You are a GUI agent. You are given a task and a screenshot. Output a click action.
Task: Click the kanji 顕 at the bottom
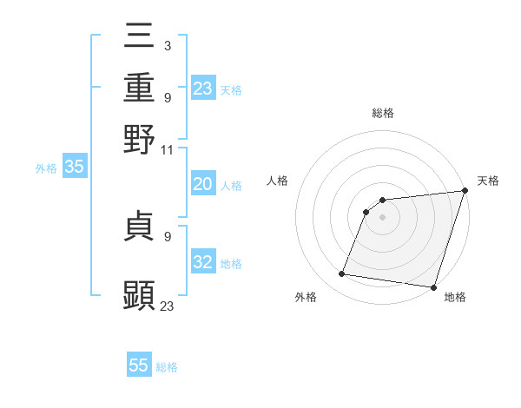[140, 295]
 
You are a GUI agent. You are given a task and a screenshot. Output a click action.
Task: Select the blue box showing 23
[203, 89]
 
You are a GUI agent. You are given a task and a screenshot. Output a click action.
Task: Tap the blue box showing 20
[203, 184]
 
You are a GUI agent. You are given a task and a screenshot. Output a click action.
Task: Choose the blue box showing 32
[203, 262]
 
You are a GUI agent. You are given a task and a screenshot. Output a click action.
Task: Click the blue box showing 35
[74, 167]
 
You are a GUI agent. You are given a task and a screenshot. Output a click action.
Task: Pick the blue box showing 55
[139, 365]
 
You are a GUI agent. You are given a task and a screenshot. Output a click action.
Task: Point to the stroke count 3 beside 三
[167, 44]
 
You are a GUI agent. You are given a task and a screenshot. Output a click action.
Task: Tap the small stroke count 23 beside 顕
[168, 306]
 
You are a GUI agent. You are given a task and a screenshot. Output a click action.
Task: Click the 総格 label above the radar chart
[383, 114]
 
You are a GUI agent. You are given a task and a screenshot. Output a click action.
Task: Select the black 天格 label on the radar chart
[488, 181]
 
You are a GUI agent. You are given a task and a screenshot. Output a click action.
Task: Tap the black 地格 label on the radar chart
[455, 297]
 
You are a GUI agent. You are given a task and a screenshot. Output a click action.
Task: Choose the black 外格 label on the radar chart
[306, 297]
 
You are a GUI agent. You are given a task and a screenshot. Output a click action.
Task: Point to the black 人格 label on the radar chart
[278, 181]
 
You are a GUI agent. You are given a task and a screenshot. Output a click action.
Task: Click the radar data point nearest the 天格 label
[465, 192]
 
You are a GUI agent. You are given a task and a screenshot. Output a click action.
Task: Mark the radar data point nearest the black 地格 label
[432, 287]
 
